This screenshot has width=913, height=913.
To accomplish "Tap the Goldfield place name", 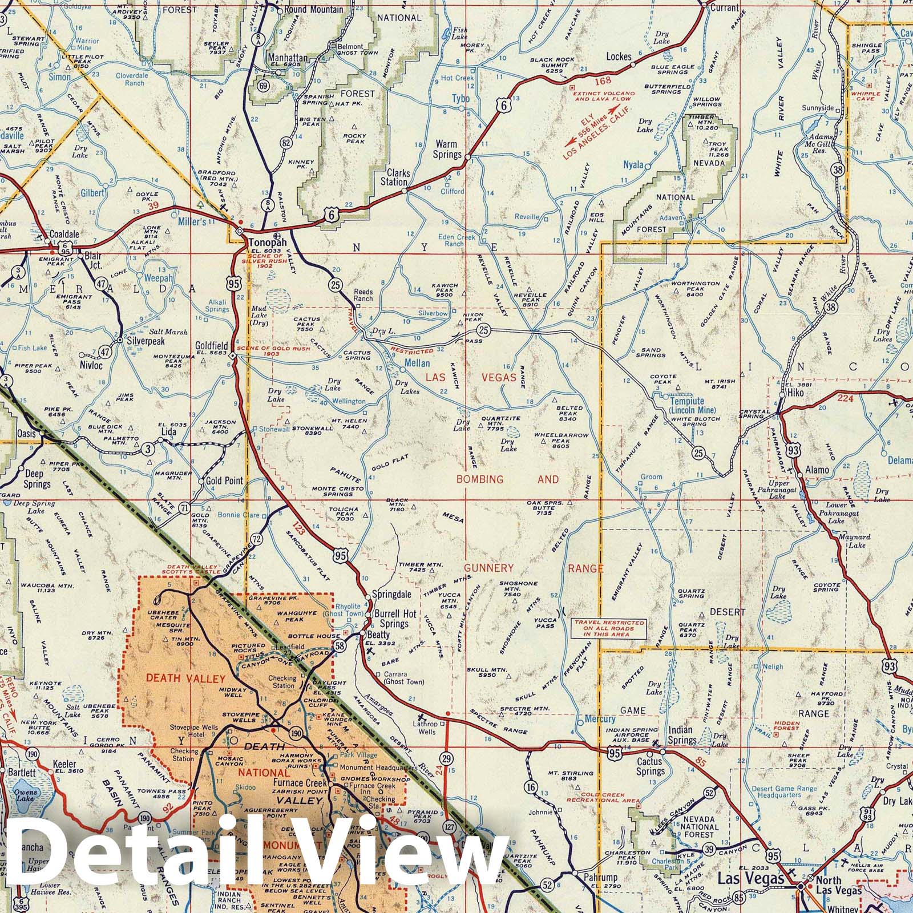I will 211,346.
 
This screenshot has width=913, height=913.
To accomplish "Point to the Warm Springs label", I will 447,150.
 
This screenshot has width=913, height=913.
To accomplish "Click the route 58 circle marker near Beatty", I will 340,646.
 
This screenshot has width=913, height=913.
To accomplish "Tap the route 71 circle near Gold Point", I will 184,507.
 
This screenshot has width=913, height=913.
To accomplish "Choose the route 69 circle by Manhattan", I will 263,86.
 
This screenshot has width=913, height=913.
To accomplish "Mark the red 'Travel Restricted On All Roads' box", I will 609,629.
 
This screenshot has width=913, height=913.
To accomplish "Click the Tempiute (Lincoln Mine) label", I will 687,405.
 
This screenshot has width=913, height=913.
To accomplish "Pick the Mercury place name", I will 600,719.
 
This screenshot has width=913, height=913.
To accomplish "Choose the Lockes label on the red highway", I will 619,56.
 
